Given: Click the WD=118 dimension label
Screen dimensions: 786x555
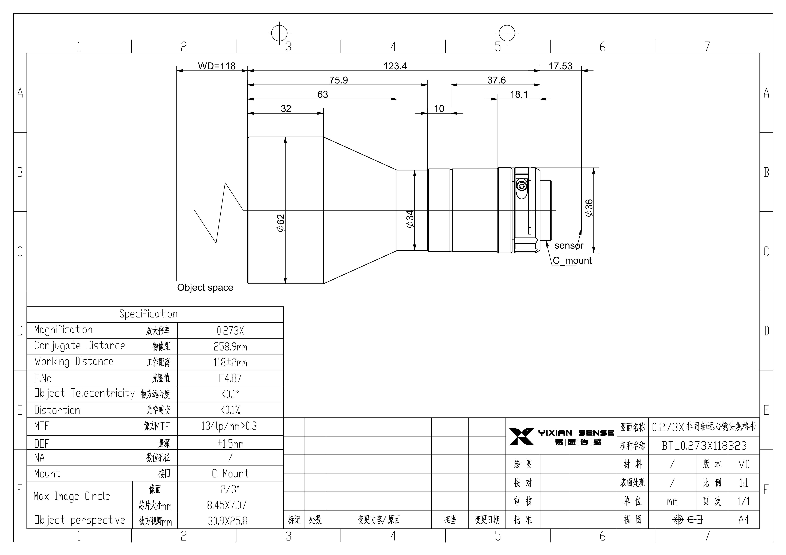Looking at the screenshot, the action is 217,66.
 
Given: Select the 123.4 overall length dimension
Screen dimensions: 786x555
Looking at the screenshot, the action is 395,66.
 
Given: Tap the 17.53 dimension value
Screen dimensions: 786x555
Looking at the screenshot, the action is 560,66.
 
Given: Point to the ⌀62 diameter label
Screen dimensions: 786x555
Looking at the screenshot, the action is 281,223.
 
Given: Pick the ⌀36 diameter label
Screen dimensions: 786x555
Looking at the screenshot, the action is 589,208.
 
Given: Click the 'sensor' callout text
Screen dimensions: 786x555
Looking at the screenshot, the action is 569,246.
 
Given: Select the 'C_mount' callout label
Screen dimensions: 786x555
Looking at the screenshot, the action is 572,261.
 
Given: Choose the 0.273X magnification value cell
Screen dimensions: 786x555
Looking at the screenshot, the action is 230,330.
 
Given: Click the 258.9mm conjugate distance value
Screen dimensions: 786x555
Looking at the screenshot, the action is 230,347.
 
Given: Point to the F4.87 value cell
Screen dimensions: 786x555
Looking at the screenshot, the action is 230,378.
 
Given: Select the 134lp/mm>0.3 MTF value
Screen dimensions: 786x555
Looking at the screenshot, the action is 229,426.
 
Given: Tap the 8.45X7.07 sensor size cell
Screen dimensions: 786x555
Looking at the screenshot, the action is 227,505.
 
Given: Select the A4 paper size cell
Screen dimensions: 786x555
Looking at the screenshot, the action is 743,520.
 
